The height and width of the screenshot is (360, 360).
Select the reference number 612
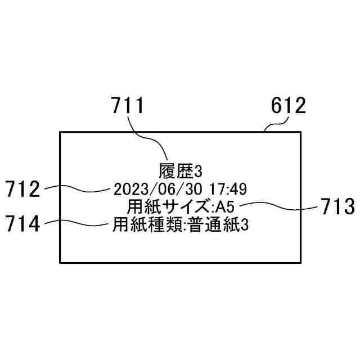pos(288,105)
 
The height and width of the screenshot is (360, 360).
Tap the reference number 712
pos(22,190)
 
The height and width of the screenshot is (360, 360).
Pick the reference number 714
pos(22,224)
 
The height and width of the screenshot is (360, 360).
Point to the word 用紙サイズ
pos(163,205)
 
